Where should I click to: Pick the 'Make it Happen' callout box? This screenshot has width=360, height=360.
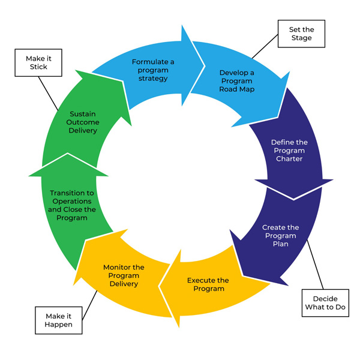point(58,320)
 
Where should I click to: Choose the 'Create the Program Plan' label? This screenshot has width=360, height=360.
point(280,236)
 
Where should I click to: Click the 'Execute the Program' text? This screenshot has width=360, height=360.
point(208,284)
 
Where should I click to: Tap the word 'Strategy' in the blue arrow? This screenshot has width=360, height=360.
point(152,78)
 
